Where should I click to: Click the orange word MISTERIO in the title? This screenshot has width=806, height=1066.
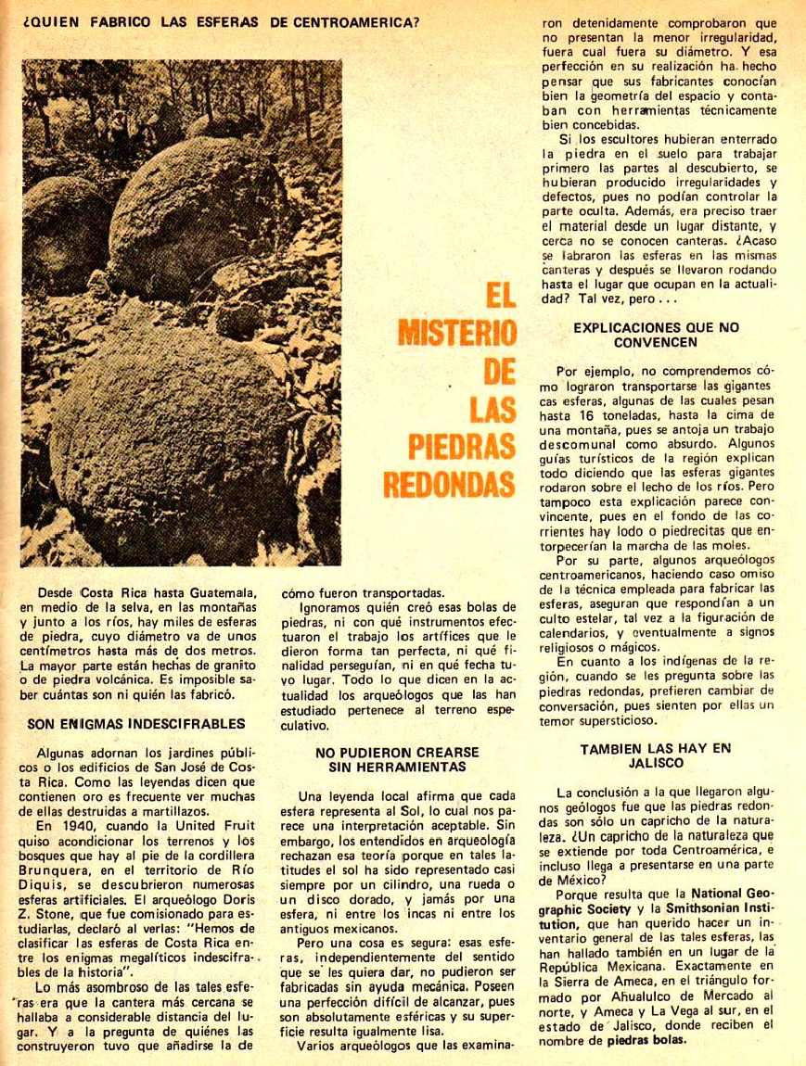[457, 334]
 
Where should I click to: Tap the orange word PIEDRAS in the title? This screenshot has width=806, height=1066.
[462, 446]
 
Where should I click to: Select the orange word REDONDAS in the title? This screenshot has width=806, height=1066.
[455, 484]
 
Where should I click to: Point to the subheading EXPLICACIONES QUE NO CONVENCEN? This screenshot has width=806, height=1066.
[656, 335]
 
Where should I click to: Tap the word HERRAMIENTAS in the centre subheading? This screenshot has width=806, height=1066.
[401, 767]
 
